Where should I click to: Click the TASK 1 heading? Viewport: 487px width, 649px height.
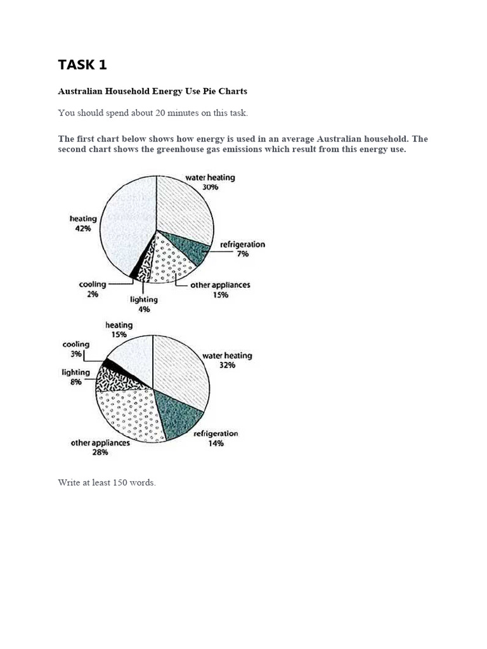click(x=82, y=65)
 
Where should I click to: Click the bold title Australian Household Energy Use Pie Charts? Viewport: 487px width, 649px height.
click(x=152, y=91)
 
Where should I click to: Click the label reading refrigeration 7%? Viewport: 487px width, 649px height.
click(x=242, y=248)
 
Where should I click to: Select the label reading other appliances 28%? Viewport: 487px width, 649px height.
click(x=100, y=447)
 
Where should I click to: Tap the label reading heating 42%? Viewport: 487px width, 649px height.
click(x=83, y=223)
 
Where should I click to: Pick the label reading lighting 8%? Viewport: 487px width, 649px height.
click(x=75, y=378)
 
